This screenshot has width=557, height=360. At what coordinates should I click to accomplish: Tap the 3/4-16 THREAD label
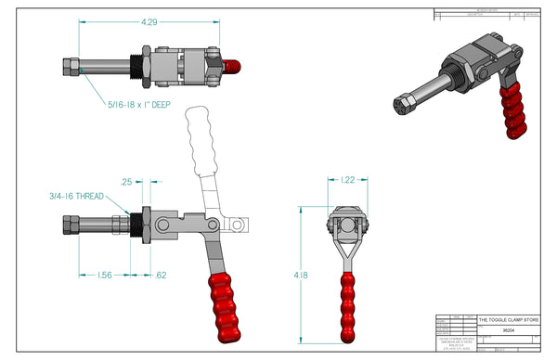point(77,196)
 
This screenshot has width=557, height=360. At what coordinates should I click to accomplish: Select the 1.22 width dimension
point(345,179)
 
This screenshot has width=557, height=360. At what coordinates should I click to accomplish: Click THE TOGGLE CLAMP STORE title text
point(507,317)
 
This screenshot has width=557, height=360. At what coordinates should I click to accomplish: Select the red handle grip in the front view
point(346,305)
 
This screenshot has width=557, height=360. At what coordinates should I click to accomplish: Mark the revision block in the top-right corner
point(487,14)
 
